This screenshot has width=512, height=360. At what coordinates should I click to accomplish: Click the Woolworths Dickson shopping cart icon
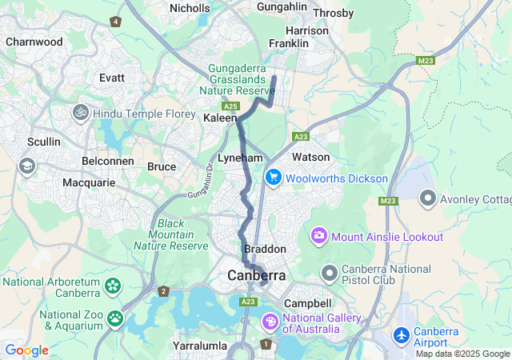(274, 178)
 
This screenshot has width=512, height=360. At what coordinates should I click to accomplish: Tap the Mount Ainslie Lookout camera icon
(319, 236)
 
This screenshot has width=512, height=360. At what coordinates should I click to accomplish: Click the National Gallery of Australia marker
(271, 322)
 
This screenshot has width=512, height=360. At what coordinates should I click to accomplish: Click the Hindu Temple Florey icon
(81, 113)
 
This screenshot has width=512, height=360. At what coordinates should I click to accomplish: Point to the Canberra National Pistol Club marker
(329, 274)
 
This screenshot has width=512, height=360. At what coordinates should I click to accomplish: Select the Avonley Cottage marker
(427, 197)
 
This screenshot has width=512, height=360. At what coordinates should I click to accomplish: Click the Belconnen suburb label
(107, 161)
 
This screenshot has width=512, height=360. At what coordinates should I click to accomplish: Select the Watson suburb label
(310, 157)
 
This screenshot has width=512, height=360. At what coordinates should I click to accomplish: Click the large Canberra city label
(256, 275)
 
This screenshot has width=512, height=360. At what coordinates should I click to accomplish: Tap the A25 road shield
(231, 106)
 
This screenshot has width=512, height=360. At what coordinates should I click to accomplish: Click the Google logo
(26, 350)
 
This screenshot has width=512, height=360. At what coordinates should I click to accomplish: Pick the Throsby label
(333, 13)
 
